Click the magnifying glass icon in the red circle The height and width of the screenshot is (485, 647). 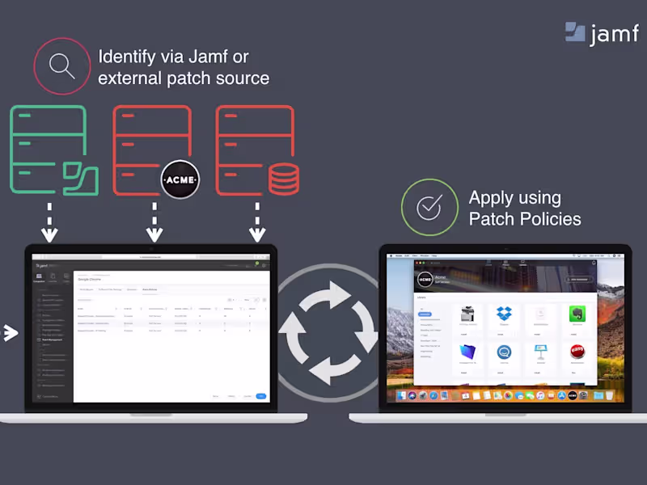click(x=62, y=65)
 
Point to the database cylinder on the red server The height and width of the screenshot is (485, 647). click(x=283, y=178)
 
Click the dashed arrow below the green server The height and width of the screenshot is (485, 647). click(x=50, y=223)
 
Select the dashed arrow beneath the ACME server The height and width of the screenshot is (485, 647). click(x=154, y=223)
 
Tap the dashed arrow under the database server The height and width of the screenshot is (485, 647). click(x=257, y=223)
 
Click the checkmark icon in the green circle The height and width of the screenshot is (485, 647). click(x=429, y=207)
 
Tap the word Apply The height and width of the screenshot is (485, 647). click(x=491, y=197)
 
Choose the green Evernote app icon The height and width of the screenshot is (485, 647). click(x=577, y=315)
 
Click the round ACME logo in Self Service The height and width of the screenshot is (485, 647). click(x=425, y=280)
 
